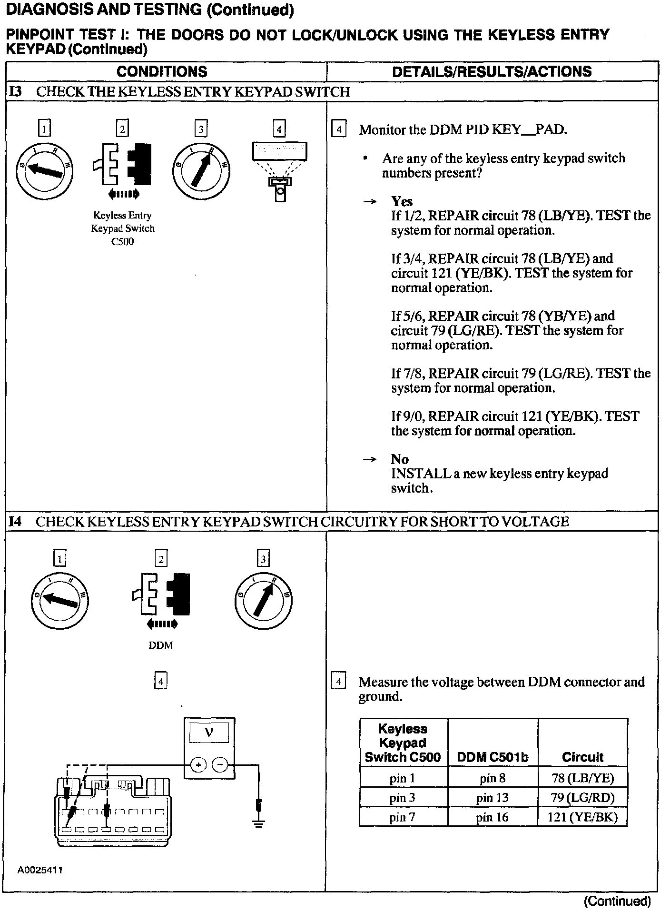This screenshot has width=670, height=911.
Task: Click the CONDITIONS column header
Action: click(162, 71)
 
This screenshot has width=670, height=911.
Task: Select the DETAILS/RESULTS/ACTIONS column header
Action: click(492, 71)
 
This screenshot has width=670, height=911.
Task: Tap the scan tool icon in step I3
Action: click(279, 171)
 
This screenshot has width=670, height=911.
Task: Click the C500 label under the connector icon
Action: click(123, 242)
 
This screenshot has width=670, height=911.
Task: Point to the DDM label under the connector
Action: click(161, 645)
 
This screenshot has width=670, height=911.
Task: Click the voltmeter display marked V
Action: click(209, 733)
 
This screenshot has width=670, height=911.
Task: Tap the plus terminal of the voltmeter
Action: click(198, 765)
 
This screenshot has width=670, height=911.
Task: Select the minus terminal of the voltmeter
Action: click(219, 765)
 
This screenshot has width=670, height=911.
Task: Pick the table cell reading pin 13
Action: click(492, 798)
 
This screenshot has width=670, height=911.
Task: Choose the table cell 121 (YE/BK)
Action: click(582, 817)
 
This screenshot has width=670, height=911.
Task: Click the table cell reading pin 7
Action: click(403, 817)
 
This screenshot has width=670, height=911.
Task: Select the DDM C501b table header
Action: click(492, 757)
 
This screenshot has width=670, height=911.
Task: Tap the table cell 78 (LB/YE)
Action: click(582, 778)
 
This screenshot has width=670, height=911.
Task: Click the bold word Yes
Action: click(402, 201)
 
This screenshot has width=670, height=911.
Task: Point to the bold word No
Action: click(400, 459)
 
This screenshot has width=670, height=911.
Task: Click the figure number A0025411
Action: click(40, 870)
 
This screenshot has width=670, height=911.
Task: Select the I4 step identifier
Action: click(16, 522)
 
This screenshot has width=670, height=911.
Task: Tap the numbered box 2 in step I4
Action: click(161, 559)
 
